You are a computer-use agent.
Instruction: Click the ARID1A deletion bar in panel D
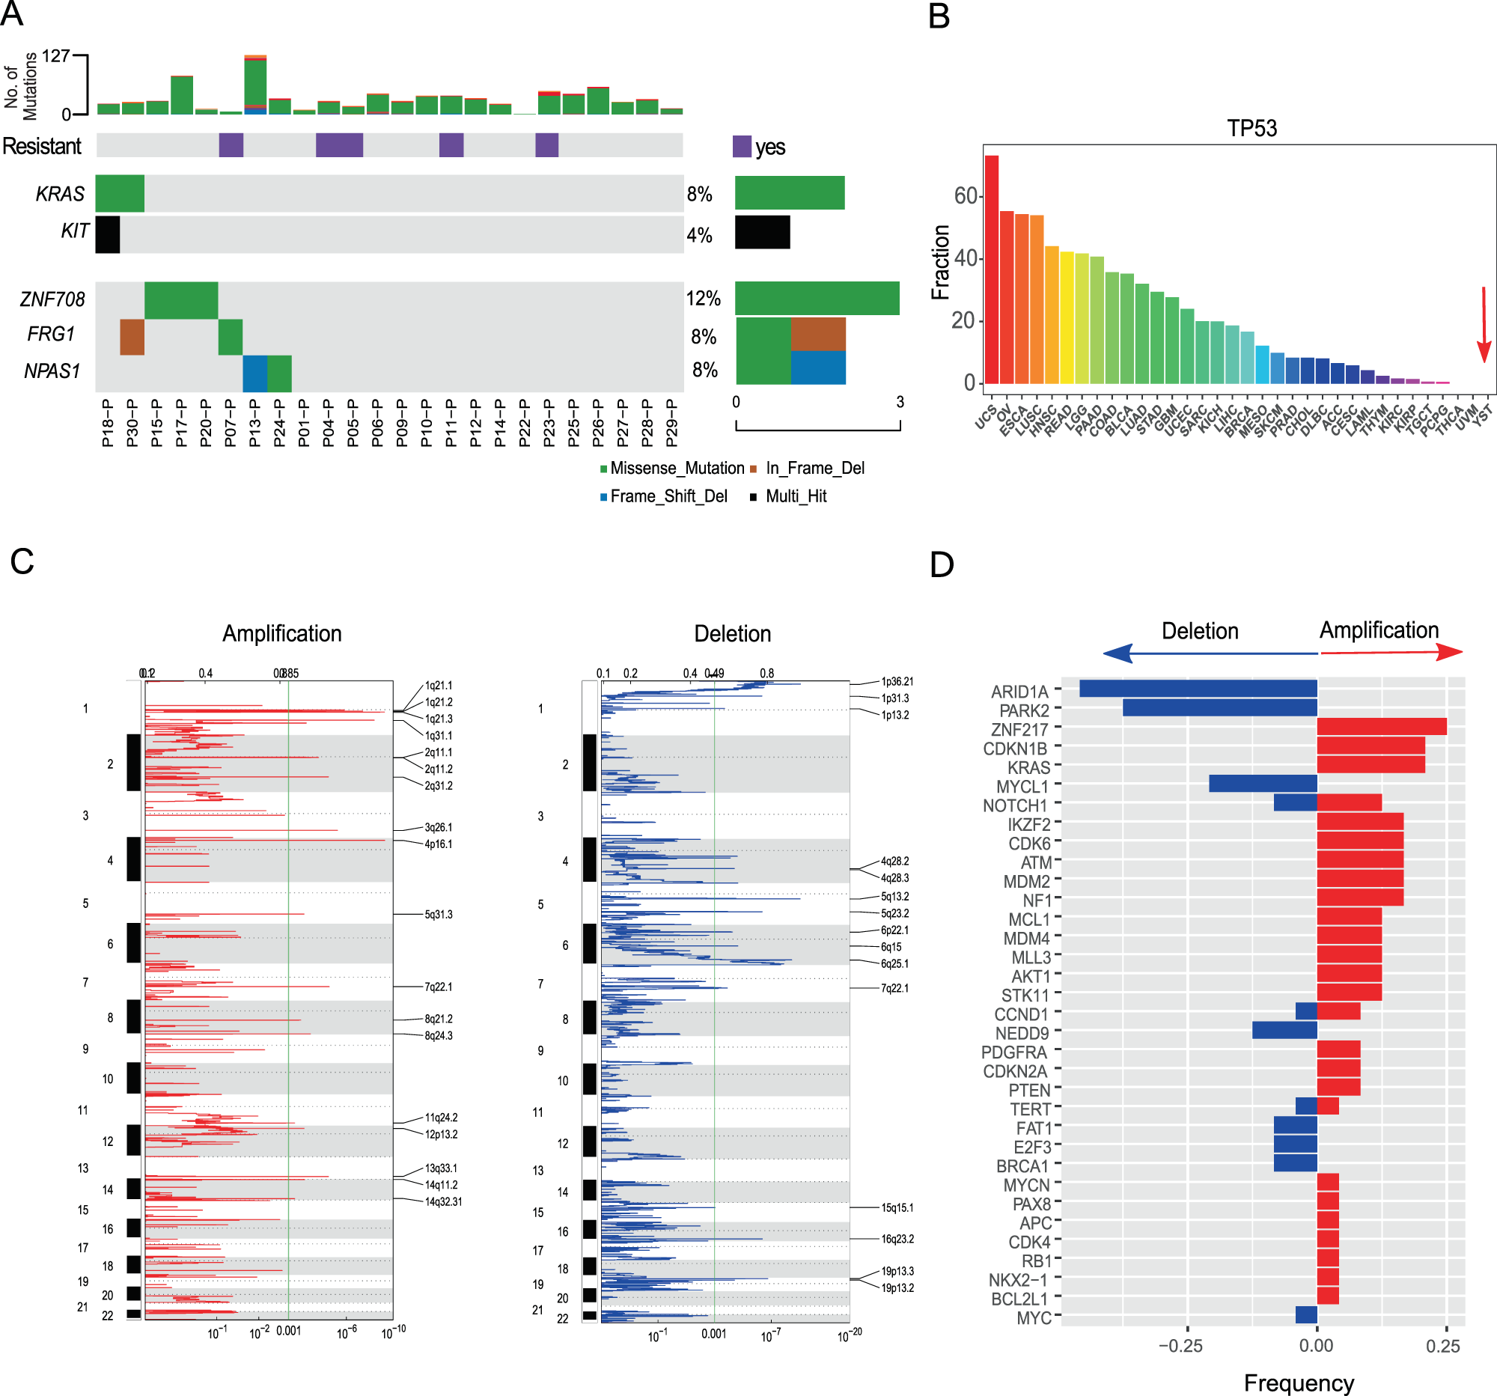pos(1198,688)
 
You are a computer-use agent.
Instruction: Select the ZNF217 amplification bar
pos(1381,727)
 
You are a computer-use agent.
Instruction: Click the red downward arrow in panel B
pos(1484,324)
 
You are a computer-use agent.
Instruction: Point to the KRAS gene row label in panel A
pos(59,195)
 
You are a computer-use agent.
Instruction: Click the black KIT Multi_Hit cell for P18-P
pos(108,234)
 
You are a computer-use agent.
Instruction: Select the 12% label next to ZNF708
pos(703,299)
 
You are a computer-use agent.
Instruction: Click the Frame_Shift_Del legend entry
pos(667,496)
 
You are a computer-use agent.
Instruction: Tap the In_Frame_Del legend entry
pos(814,469)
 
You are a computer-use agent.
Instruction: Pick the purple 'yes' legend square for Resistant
pos(742,146)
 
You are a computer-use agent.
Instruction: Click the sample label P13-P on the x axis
pos(255,423)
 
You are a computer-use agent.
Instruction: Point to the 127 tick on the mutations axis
pos(55,56)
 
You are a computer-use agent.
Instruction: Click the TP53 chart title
pos(1251,128)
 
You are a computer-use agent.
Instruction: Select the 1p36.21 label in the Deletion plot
pos(897,681)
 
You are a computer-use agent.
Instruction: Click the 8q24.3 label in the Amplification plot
pos(439,1035)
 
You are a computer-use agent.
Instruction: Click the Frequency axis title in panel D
pos(1298,1383)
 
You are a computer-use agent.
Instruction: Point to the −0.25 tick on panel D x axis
pos(1180,1346)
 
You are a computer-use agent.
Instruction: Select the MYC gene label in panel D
pos(1033,1317)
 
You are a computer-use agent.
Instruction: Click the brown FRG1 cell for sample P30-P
pos(132,337)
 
